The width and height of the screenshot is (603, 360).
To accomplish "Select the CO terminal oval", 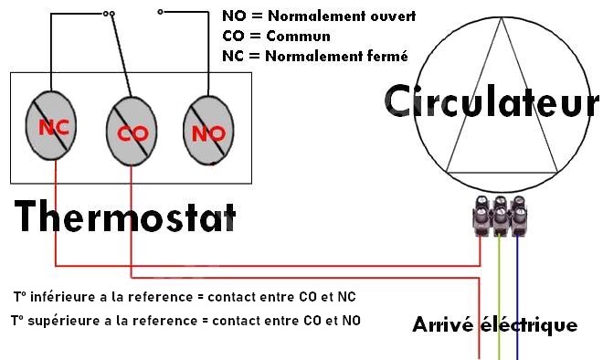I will point(132,132).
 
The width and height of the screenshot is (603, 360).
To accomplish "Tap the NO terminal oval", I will point(210,133).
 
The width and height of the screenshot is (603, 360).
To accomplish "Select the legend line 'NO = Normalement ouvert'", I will point(319,17).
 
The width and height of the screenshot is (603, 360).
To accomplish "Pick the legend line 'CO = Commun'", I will point(276,37).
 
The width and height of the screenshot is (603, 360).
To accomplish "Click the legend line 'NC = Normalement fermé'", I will point(314,56).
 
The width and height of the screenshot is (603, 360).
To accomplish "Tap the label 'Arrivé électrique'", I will point(494,324).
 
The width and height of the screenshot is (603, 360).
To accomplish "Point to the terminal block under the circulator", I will point(500,217).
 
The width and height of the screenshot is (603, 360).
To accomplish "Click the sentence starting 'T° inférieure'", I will point(185,297).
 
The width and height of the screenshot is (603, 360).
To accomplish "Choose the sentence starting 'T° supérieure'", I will point(185,321).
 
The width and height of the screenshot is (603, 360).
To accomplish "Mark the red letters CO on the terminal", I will point(133,134).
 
